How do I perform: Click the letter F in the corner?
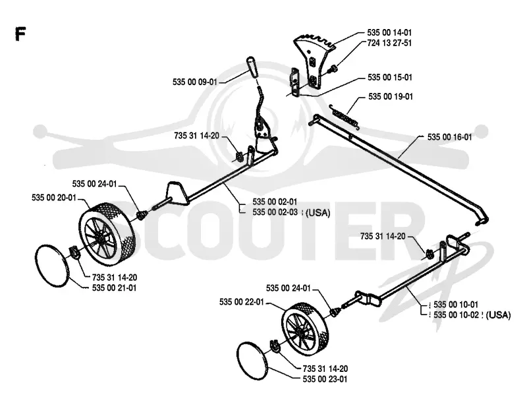(x=20, y=34)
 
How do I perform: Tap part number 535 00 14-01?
(x=389, y=32)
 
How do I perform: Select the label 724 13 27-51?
(x=389, y=43)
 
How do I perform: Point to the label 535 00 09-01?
(x=195, y=82)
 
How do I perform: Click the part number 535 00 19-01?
(x=391, y=96)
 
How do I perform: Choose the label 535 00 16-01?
(x=450, y=137)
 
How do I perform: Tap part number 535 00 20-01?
(x=54, y=197)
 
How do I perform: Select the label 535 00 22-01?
(x=242, y=302)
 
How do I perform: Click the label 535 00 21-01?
(x=114, y=288)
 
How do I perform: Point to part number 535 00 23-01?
(x=325, y=379)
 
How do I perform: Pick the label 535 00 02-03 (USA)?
(x=291, y=212)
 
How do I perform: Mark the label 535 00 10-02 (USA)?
(x=472, y=315)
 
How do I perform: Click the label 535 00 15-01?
(x=390, y=77)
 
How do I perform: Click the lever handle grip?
(x=252, y=67)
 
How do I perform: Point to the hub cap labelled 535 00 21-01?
(x=52, y=266)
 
